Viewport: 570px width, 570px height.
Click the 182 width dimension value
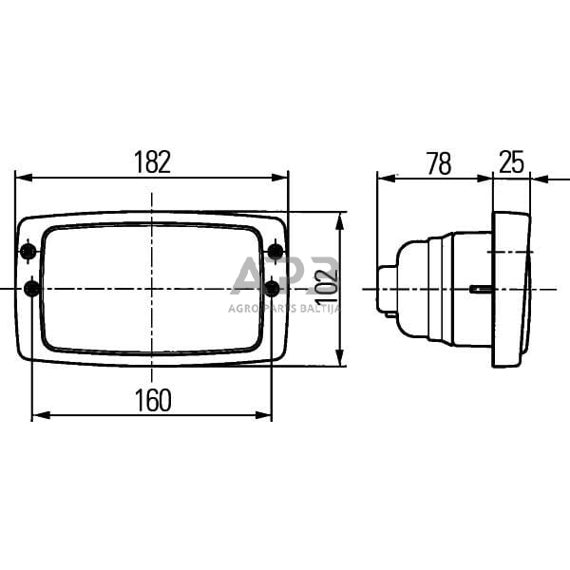tap(152, 162)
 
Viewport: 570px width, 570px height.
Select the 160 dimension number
tap(152, 401)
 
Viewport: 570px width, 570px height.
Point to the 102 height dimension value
tap(326, 289)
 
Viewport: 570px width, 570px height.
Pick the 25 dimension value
tap(511, 162)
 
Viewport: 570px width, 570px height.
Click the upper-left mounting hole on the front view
tap(28, 252)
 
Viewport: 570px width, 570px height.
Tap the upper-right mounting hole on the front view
tap(275, 252)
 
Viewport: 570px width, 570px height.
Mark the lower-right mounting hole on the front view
tap(273, 288)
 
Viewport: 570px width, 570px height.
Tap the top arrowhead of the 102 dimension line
tap(339, 218)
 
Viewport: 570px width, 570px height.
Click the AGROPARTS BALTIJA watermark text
tap(285, 307)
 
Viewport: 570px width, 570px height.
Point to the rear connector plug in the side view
tap(386, 289)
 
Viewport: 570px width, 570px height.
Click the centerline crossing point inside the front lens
tap(150, 289)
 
